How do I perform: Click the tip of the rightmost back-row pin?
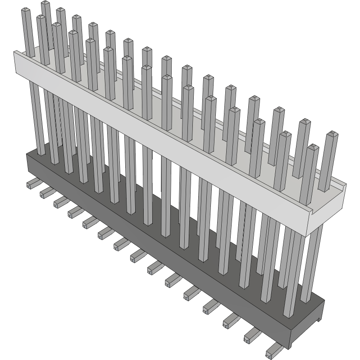(333, 134)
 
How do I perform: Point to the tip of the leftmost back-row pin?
(45, 3)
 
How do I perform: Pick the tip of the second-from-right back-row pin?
(305, 121)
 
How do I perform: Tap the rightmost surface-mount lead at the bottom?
(273, 351)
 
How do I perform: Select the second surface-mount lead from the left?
(46, 193)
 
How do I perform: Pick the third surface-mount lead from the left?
(60, 203)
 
